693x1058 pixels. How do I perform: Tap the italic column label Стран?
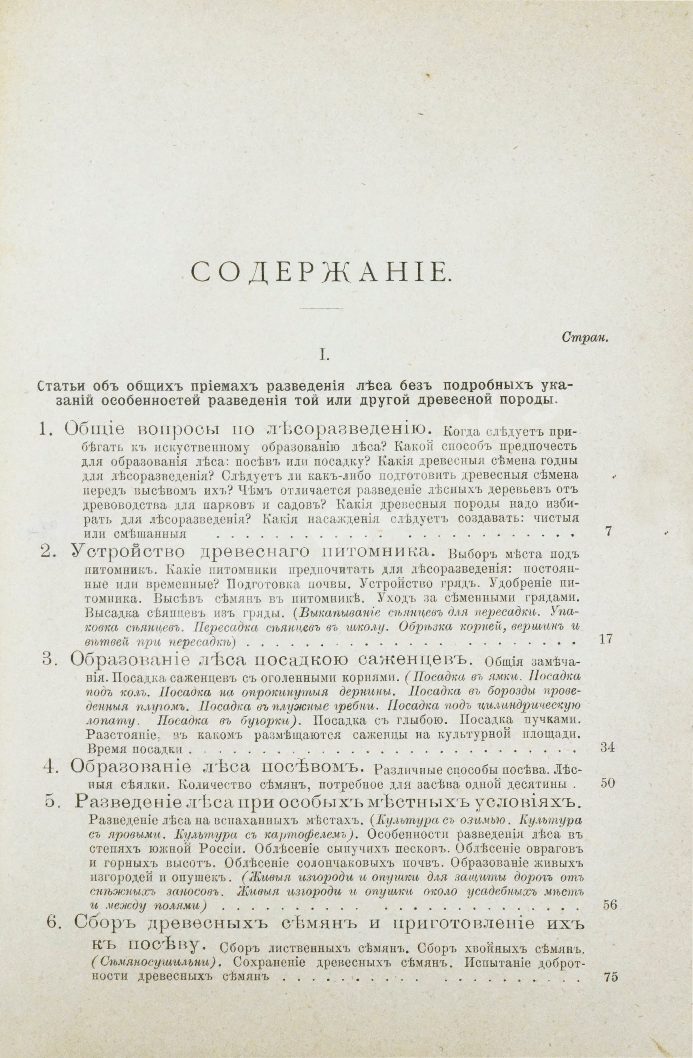(585, 337)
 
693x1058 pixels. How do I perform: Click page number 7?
(609, 531)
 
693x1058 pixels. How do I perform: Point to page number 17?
(606, 639)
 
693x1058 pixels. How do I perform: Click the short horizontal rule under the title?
(321, 308)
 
